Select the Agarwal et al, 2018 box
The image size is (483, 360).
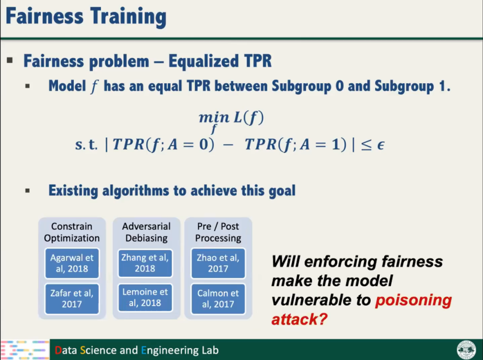(x=72, y=263)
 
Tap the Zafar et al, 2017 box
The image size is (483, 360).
(x=72, y=299)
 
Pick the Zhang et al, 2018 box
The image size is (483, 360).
(x=145, y=263)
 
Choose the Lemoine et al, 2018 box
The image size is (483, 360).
(x=145, y=297)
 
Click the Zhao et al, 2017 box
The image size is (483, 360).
(x=218, y=263)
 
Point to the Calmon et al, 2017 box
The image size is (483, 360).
(x=218, y=299)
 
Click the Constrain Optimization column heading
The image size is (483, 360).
(x=72, y=232)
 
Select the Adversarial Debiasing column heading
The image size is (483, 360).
(x=146, y=232)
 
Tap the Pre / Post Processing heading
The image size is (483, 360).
(x=218, y=232)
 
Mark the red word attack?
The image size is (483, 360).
(x=299, y=319)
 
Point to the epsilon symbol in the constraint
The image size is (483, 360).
(x=381, y=145)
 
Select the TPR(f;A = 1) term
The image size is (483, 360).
(x=296, y=144)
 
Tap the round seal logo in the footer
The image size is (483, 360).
(x=466, y=350)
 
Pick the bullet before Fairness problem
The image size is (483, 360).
(x=10, y=60)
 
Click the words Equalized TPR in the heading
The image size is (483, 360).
(x=220, y=61)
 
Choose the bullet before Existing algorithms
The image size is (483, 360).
(x=28, y=191)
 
